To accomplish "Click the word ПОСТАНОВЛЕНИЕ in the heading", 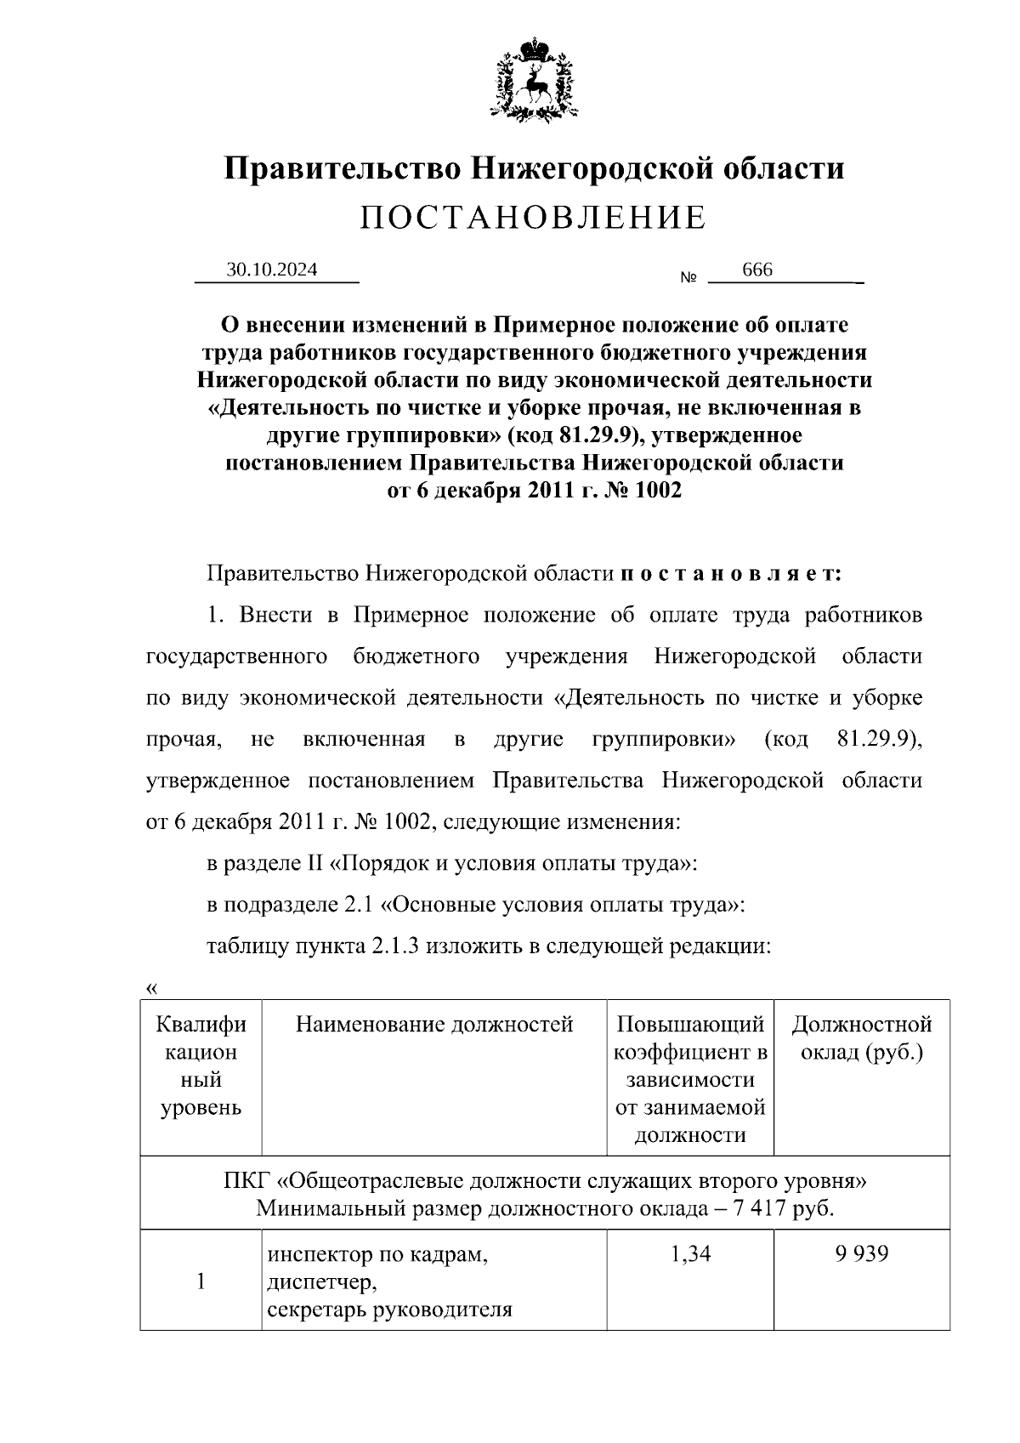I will pyautogui.click(x=533, y=219).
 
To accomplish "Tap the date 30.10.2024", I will pyautogui.click(x=272, y=270).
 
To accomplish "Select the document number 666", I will pyautogui.click(x=757, y=270).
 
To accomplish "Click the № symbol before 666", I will pyautogui.click(x=688, y=278).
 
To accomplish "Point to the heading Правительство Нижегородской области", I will pyautogui.click(x=534, y=168).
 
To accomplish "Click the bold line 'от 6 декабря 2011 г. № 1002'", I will pyautogui.click(x=534, y=491).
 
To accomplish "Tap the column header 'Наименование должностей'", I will pyautogui.click(x=434, y=1025).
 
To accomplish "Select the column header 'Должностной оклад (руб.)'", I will pyautogui.click(x=861, y=1038).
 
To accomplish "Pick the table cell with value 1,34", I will pyautogui.click(x=690, y=1254).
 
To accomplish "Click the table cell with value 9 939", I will pyautogui.click(x=861, y=1254).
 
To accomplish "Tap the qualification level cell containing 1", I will pyautogui.click(x=201, y=1281).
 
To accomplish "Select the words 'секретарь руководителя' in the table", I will pyautogui.click(x=390, y=1309).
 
